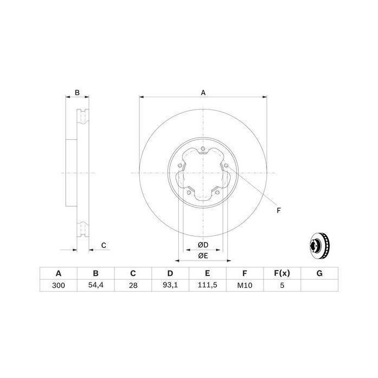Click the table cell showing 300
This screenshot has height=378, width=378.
pos(58,286)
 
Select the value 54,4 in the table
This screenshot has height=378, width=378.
pos(96,286)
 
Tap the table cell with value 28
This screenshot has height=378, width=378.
pos(133,286)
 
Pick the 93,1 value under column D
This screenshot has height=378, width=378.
pos(170,286)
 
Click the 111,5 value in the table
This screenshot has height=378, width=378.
pos(207,286)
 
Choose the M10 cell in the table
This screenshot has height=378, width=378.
pos(245,286)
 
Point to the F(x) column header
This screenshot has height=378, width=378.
pos(282,273)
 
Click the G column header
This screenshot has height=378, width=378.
pos(320,273)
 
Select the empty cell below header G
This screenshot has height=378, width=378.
pos(320,286)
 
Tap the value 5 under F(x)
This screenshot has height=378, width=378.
pos(282,286)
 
